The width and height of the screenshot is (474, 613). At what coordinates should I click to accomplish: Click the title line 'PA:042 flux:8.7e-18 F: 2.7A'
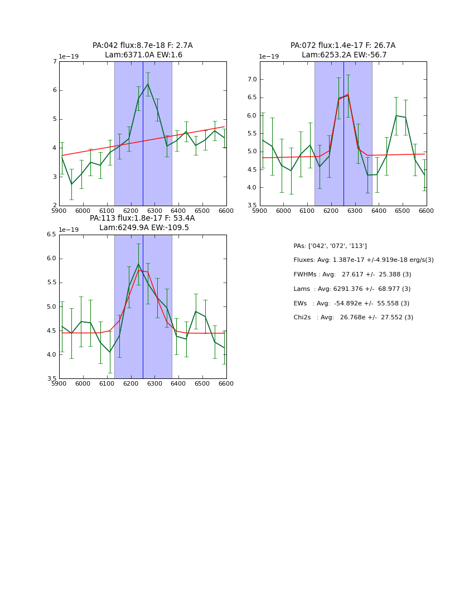142,46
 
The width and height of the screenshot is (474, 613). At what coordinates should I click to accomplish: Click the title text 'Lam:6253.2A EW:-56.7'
344,55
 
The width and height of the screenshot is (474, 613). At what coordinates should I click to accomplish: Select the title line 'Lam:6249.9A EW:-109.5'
144,228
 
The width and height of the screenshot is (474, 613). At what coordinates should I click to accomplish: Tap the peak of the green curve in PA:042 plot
148,84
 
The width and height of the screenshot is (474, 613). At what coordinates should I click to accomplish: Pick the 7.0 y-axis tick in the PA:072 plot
251,80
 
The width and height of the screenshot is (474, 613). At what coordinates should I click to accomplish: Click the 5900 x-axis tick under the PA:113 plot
59,384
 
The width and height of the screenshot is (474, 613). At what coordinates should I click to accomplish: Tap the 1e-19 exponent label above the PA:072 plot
269,57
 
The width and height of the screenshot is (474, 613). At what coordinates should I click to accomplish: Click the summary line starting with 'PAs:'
330,246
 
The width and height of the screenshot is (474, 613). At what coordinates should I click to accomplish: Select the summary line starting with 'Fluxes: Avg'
363,260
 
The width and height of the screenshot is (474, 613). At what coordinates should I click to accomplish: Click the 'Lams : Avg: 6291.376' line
351,289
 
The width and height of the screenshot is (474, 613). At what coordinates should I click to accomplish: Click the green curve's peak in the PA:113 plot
138,264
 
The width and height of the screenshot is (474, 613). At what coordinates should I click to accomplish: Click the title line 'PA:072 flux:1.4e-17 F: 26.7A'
342,46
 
